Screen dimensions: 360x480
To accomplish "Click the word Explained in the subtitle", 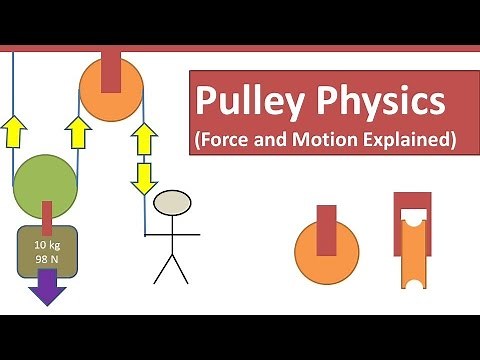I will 409,140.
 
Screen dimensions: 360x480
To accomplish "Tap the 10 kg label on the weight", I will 45,245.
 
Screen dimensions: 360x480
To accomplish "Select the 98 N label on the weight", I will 45,259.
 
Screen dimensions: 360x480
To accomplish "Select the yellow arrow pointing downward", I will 145,176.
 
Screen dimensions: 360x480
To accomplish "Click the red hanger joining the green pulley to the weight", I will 46,214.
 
